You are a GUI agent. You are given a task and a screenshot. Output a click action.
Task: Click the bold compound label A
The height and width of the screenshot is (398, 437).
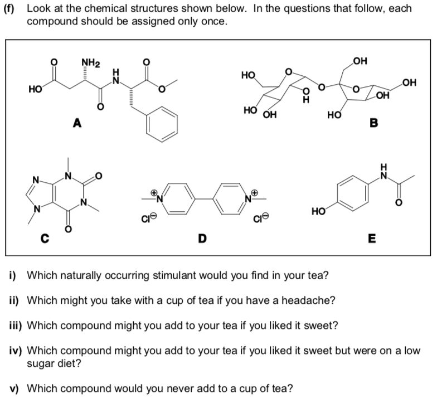tap(77, 124)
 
